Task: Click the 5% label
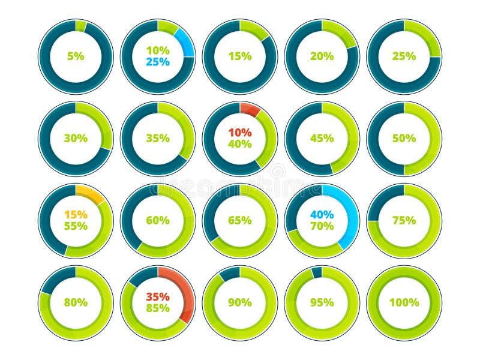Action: coord(76,56)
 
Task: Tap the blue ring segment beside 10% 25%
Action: coord(185,43)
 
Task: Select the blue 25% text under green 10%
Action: coord(158,62)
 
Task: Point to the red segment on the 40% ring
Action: coord(250,109)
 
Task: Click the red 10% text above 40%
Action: coord(240,132)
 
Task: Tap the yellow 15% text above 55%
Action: coord(76,214)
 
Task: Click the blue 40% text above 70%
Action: coord(322,214)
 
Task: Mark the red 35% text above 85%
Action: coord(158,296)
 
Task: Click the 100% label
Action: coord(404,302)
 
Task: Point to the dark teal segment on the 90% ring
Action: coord(230,274)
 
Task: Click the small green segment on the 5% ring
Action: coord(80,26)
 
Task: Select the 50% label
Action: coord(404,138)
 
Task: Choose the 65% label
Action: coord(240,220)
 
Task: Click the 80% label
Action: coord(76,302)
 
